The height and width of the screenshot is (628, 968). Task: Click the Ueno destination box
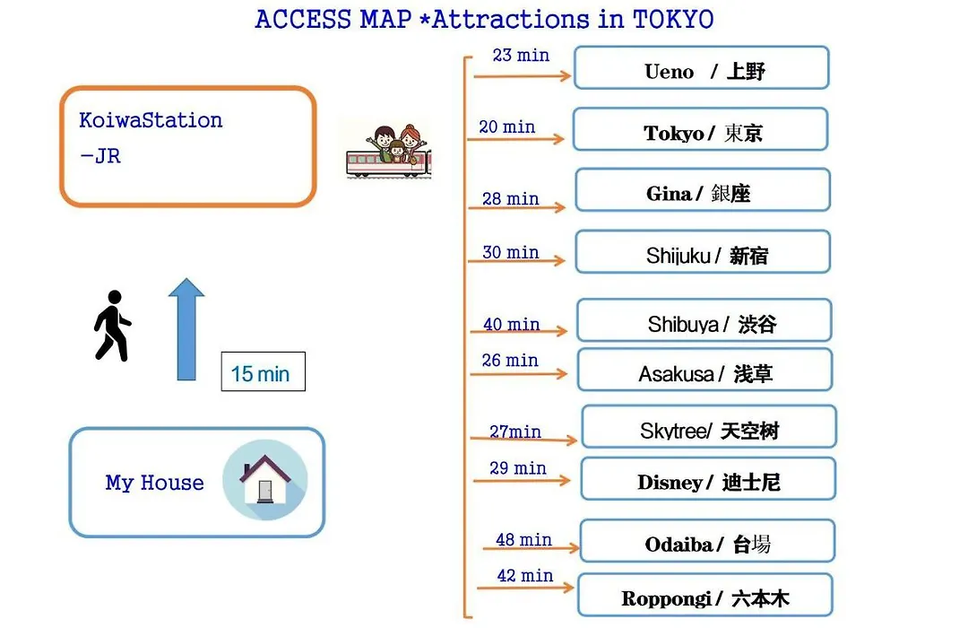click(701, 67)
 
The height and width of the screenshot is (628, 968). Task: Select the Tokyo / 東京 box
click(700, 129)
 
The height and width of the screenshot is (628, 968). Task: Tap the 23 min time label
click(521, 55)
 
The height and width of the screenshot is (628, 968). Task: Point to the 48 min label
click(523, 539)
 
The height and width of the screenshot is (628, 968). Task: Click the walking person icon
click(112, 325)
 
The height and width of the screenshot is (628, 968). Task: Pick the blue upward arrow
click(186, 329)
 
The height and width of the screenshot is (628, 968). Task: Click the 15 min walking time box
click(263, 371)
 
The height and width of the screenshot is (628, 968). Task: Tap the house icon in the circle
click(265, 479)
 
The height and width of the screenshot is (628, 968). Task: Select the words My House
click(154, 482)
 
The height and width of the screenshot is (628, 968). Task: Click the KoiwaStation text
click(151, 120)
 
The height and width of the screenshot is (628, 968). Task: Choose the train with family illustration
click(388, 152)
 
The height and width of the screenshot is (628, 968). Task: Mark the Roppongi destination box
click(705, 595)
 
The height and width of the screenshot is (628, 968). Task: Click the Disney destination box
click(708, 479)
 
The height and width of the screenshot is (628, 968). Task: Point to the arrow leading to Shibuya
click(519, 331)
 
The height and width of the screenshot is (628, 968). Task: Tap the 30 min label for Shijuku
click(511, 252)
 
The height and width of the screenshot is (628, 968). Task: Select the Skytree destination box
click(709, 426)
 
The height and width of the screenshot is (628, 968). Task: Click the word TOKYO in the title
click(673, 19)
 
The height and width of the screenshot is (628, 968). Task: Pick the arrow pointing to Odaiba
click(531, 547)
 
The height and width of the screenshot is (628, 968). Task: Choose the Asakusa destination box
click(705, 370)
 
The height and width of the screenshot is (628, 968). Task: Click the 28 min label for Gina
click(511, 198)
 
